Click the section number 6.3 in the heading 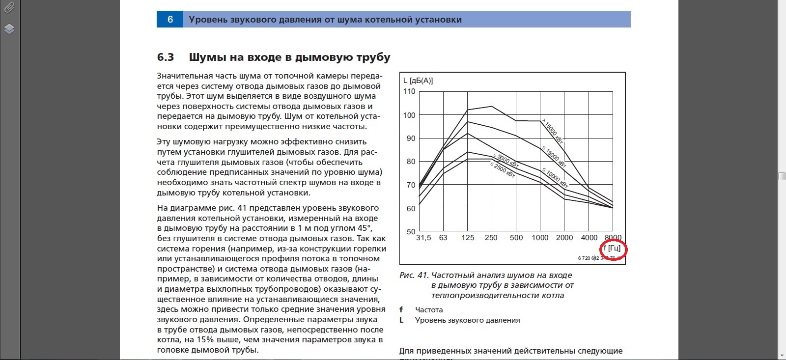166,57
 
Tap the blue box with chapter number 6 170,20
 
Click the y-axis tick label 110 409,91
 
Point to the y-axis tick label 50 410,231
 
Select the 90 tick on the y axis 411,138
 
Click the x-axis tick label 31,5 423,238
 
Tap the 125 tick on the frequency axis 468,238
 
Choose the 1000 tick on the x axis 540,238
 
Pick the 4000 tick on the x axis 589,238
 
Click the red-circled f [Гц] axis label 612,249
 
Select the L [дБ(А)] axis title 418,81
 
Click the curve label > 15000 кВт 552,130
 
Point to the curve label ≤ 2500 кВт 503,170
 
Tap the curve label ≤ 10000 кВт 555,178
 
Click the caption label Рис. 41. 414,276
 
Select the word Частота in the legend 429,310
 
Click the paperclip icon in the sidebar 9,7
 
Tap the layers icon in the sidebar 9,28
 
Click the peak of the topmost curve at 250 491,106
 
